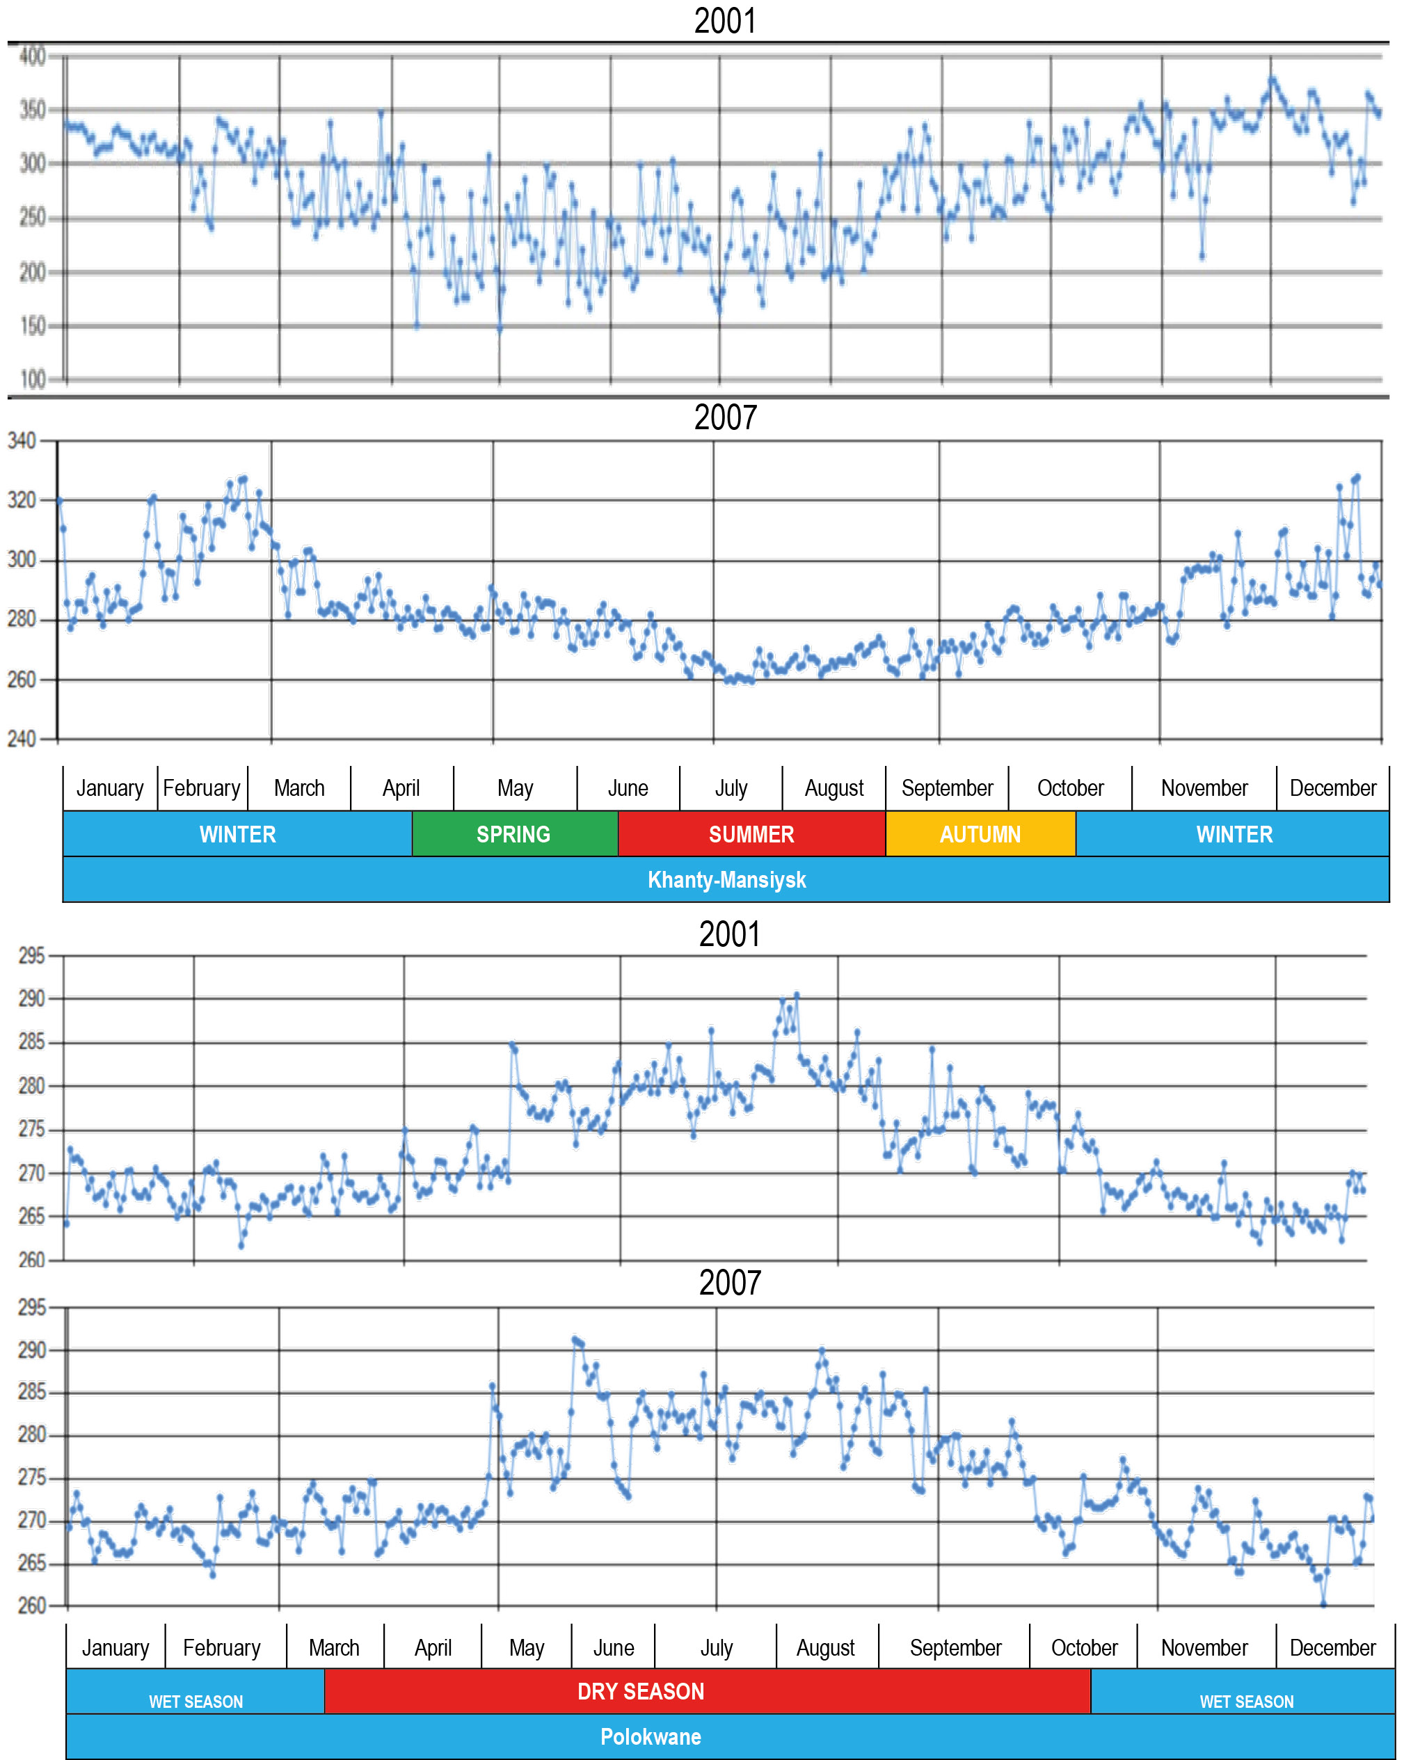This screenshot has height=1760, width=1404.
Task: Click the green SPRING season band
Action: [x=513, y=833]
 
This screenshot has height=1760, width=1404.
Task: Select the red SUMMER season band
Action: [x=751, y=833]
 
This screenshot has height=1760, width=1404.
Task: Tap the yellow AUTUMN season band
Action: [x=980, y=833]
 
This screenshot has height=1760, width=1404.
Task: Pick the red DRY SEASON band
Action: [x=641, y=1690]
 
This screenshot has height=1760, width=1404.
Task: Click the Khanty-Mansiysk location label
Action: [x=726, y=879]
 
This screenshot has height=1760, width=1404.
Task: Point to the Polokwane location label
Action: [x=651, y=1736]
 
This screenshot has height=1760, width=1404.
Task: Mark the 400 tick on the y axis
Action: [x=33, y=56]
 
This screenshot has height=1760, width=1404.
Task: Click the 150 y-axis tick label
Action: [x=33, y=326]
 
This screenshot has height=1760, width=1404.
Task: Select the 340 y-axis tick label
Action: [x=22, y=441]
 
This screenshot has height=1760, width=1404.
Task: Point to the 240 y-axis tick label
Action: [x=22, y=739]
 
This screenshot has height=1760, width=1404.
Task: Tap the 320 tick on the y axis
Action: [x=22, y=500]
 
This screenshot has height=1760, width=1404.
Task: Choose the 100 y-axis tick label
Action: [x=33, y=380]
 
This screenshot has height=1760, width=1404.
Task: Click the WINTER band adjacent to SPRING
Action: [x=237, y=833]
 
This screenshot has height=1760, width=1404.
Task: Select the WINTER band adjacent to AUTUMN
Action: [x=1234, y=833]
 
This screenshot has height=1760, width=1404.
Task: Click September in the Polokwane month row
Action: [x=955, y=1647]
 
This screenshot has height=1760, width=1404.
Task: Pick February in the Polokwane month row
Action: [x=221, y=1647]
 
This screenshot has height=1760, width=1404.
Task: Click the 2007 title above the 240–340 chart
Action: [x=725, y=417]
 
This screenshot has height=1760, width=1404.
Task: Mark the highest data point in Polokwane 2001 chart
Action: [x=797, y=995]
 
